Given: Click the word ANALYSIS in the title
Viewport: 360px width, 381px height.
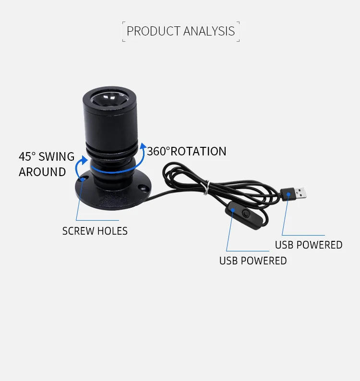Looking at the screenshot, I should point(209,32).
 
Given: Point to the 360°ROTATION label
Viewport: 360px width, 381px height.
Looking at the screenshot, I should point(187,151).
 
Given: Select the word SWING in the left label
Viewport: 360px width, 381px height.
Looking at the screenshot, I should point(56,157).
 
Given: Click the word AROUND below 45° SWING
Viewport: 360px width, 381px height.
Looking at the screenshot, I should point(42,172).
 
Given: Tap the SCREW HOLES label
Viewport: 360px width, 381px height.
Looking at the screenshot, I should point(95,231).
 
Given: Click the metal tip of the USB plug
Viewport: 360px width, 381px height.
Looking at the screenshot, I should point(300,193).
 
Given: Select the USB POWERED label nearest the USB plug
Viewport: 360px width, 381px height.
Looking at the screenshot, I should point(309,245).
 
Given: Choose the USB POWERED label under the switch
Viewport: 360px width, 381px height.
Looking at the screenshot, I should point(253,261).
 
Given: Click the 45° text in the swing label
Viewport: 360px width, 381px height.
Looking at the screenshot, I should point(27,157).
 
